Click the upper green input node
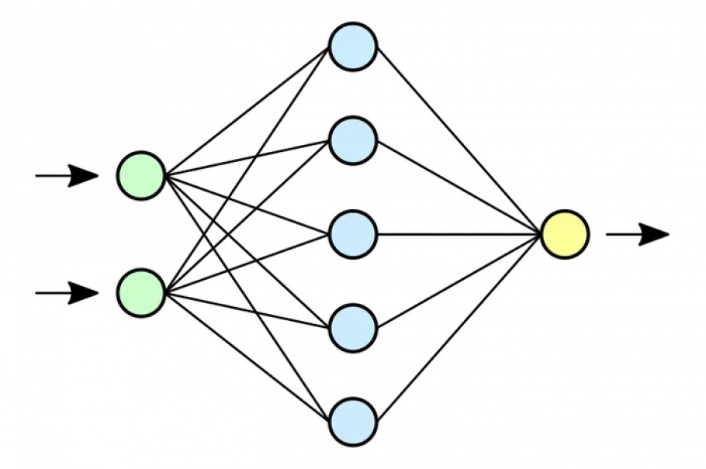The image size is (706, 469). pyautogui.click(x=141, y=175)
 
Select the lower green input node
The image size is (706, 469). pyautogui.click(x=141, y=293)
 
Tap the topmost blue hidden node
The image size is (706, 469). pyautogui.click(x=353, y=47)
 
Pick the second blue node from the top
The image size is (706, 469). pyautogui.click(x=353, y=140)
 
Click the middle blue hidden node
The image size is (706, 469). pyautogui.click(x=353, y=234)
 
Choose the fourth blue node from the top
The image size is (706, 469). pyautogui.click(x=353, y=328)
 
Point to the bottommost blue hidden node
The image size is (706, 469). pyautogui.click(x=353, y=422)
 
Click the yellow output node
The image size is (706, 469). pyautogui.click(x=565, y=234)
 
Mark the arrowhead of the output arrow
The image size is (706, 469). pyautogui.click(x=656, y=234)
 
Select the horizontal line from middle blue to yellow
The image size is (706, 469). pyautogui.click(x=458, y=234)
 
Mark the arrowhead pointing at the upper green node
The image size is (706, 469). pyautogui.click(x=87, y=176)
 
